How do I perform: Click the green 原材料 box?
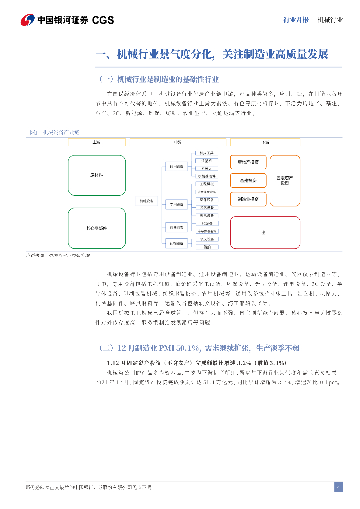pyautogui.click(x=96, y=175)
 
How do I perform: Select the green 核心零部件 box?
pyautogui.click(x=96, y=228)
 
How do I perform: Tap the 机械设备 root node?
pyautogui.click(x=147, y=201)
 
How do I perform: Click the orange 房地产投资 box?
pyautogui.click(x=248, y=162)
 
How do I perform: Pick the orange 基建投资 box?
pyautogui.click(x=248, y=180)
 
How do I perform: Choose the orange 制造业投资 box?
pyautogui.click(x=248, y=199)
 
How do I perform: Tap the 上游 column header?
pyautogui.click(x=96, y=142)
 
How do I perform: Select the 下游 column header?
pyautogui.click(x=265, y=142)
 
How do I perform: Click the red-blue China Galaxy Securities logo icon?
pyautogui.click(x=27, y=20)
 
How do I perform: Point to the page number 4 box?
pyautogui.click(x=338, y=487)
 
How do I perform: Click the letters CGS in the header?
pyautogui.click(x=103, y=20)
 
